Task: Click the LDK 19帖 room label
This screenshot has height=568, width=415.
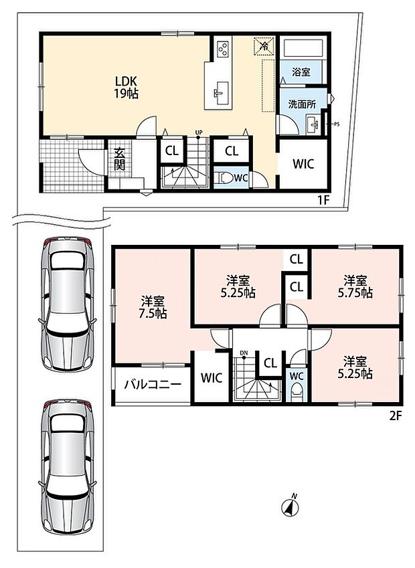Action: [x=126, y=87]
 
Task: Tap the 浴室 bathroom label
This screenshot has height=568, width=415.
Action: [x=301, y=72]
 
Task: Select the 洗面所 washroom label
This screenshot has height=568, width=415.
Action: [x=302, y=104]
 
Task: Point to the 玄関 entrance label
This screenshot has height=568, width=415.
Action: [x=120, y=159]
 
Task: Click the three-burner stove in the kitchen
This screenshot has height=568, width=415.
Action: [x=222, y=49]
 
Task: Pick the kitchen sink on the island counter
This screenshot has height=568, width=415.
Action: [x=221, y=90]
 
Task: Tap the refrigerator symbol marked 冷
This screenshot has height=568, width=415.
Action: [x=264, y=45]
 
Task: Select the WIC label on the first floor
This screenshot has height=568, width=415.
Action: [x=303, y=164]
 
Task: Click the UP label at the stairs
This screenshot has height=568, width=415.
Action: [x=199, y=132]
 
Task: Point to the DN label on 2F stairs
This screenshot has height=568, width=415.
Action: [x=244, y=353]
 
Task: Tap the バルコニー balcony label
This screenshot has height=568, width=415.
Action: [x=153, y=384]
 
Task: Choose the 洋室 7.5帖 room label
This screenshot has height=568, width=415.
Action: [x=153, y=307]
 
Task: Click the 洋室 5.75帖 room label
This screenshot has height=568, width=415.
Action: [x=355, y=286]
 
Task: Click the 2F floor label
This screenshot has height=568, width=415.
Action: [x=396, y=415]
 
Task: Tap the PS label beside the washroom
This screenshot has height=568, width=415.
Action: [x=337, y=124]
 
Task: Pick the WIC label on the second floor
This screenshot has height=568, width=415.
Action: [x=212, y=378]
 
